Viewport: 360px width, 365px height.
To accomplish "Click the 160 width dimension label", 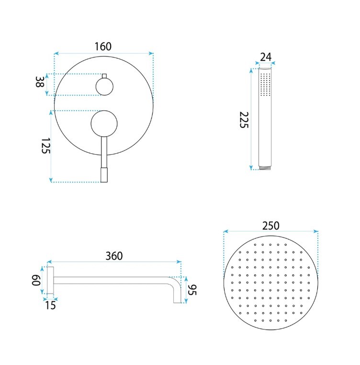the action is tap(103, 46).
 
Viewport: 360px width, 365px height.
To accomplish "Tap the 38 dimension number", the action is tap(40, 82).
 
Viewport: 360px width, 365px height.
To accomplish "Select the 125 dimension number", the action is tap(45, 146).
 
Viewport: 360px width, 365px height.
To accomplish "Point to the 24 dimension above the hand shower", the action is tap(266, 57).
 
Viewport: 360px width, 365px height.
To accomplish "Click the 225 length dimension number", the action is tap(244, 120).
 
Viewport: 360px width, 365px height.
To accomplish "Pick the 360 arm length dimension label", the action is tap(114, 256).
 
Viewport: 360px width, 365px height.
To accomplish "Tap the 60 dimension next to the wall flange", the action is tap(36, 280).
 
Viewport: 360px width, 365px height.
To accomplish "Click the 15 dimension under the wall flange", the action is tap(50, 305).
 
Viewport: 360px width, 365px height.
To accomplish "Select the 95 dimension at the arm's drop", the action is tap(192, 290).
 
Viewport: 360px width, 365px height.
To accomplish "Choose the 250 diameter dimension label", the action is tap(270, 226).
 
